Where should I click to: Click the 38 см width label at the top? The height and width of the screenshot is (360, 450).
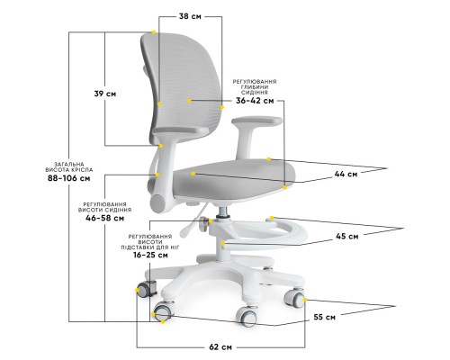[190, 16]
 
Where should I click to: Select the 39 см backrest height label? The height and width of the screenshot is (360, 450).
[105, 94]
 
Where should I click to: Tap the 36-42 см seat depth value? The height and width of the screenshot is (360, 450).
[255, 101]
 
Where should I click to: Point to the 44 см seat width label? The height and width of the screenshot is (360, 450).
[346, 174]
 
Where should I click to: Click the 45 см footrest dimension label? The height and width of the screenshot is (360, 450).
[347, 237]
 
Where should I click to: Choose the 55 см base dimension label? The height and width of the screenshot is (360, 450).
[325, 317]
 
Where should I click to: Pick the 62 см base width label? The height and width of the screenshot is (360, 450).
[220, 347]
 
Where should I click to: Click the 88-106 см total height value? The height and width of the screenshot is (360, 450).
[69, 178]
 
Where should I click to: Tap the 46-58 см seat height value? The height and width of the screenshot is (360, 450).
[104, 218]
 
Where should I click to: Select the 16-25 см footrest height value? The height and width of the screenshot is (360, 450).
[150, 256]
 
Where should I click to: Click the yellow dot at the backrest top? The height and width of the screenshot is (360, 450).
[154, 32]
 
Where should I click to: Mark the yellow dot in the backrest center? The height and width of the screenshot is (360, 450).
[189, 101]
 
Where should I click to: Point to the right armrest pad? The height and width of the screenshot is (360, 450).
[256, 121]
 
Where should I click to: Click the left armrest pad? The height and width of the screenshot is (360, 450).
[181, 130]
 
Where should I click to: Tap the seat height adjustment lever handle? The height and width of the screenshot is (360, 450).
[185, 230]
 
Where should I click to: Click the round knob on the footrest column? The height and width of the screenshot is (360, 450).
[204, 224]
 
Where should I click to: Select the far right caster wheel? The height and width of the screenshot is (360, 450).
[294, 298]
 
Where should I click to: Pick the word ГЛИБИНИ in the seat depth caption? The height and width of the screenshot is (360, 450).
[255, 87]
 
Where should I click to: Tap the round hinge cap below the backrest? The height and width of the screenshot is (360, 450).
[157, 204]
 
